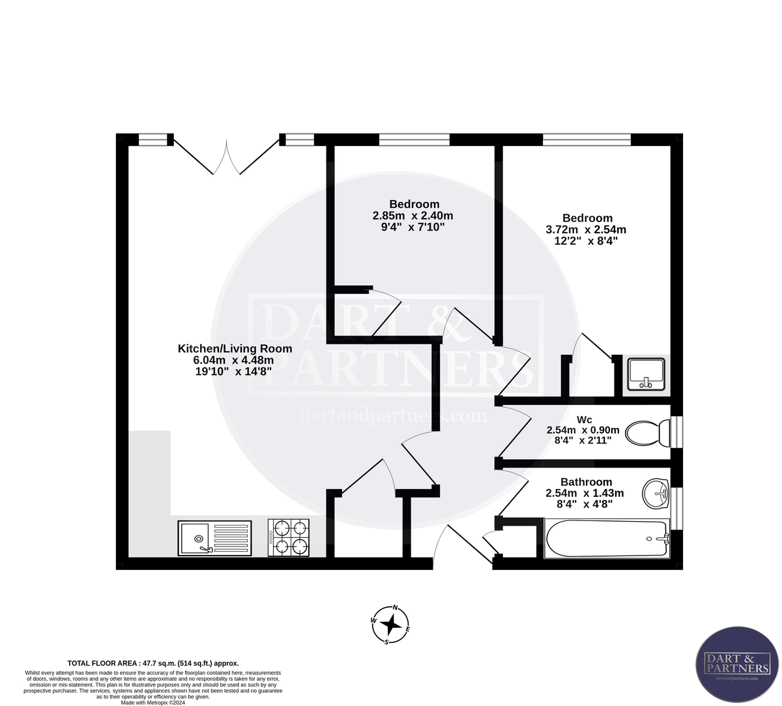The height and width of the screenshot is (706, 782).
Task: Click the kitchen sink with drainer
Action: [214, 539]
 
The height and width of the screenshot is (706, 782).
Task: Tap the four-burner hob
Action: [288, 537]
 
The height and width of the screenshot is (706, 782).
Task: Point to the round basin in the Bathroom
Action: [656, 494]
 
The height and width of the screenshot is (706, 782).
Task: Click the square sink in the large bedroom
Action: [645, 374]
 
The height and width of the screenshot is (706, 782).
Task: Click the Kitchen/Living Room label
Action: [235, 348]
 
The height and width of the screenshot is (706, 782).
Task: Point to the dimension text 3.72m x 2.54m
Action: [585, 229]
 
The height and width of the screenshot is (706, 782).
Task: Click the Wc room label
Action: [585, 419]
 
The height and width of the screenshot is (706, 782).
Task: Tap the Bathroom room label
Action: [586, 482]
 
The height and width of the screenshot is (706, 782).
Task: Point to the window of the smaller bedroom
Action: [414, 139]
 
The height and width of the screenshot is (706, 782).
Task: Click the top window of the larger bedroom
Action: [586, 139]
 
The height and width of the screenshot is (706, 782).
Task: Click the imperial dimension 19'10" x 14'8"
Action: [233, 372]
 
